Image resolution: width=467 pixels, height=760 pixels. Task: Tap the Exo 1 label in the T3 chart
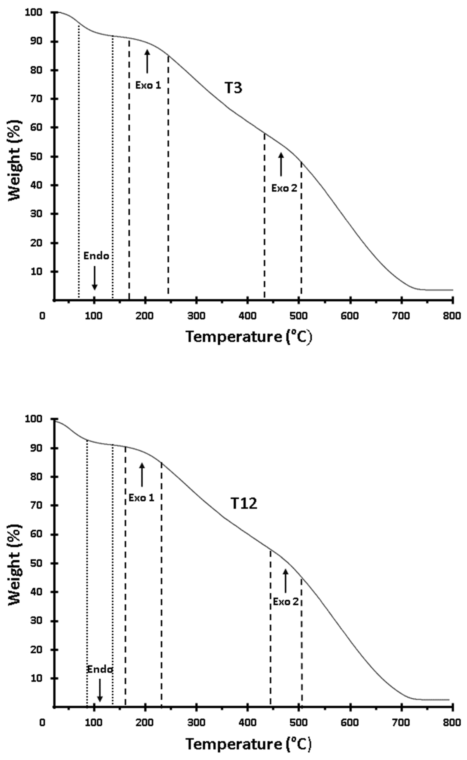[148, 85]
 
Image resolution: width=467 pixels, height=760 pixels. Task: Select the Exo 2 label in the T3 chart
[284, 188]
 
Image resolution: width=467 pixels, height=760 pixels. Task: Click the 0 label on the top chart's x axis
[42, 316]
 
